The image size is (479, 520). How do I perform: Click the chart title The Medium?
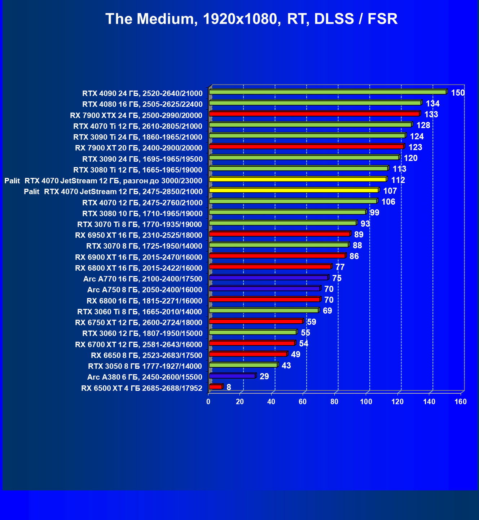[x=251, y=19]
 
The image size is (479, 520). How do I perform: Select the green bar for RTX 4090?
[x=328, y=92]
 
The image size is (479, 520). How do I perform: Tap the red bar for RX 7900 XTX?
[x=314, y=114]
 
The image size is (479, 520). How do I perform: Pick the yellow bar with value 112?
[x=298, y=179]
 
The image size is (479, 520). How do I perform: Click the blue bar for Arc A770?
[x=268, y=278]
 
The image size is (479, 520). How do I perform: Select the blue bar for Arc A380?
[x=232, y=376]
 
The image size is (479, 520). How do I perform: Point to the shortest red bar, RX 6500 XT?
[x=216, y=387]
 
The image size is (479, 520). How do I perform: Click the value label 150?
[x=458, y=93]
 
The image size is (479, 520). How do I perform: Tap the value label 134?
[x=432, y=104]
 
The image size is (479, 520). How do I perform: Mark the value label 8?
[x=229, y=387]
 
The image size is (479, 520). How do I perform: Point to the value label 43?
[x=286, y=366]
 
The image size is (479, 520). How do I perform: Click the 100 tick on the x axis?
[x=366, y=402]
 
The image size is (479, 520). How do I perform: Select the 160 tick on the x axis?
[x=461, y=402]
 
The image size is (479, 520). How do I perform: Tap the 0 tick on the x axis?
[x=208, y=402]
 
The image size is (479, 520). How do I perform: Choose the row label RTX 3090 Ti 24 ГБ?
[x=138, y=137]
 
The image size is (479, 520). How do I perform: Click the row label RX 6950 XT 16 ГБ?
[x=139, y=235]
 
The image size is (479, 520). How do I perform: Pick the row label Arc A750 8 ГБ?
[x=145, y=290]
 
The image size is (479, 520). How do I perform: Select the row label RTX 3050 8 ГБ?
[x=145, y=366]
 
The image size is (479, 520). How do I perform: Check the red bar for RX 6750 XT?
[x=256, y=321]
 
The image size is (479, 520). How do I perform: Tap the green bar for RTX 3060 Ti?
[x=264, y=310]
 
